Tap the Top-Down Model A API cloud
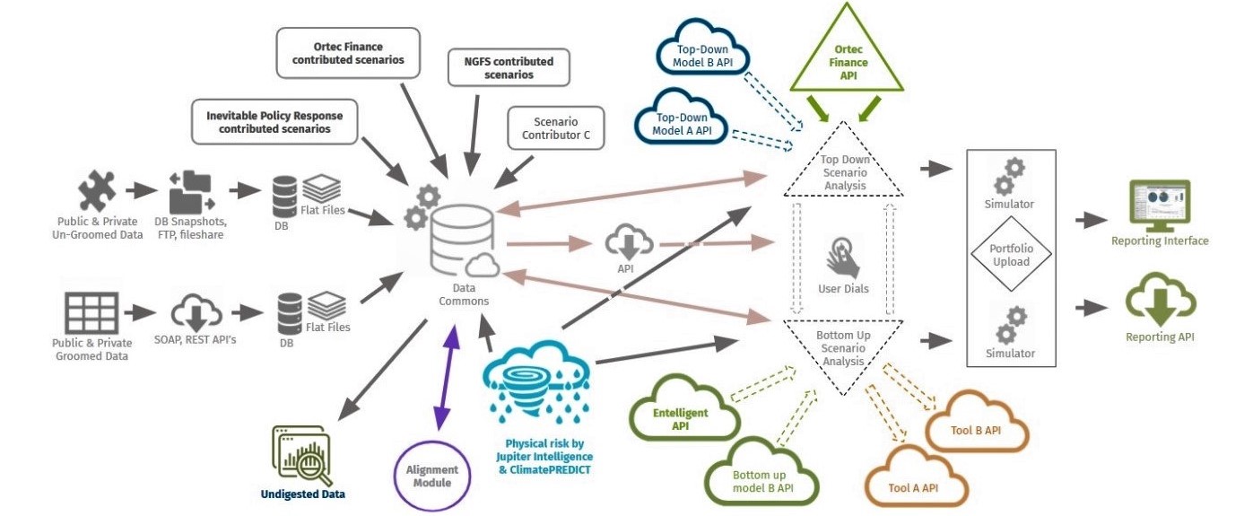click(x=683, y=124)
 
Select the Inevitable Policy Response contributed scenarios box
click(x=274, y=122)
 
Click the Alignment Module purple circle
click(x=432, y=477)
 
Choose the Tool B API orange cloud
click(x=976, y=430)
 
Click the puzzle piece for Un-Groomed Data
click(x=96, y=192)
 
